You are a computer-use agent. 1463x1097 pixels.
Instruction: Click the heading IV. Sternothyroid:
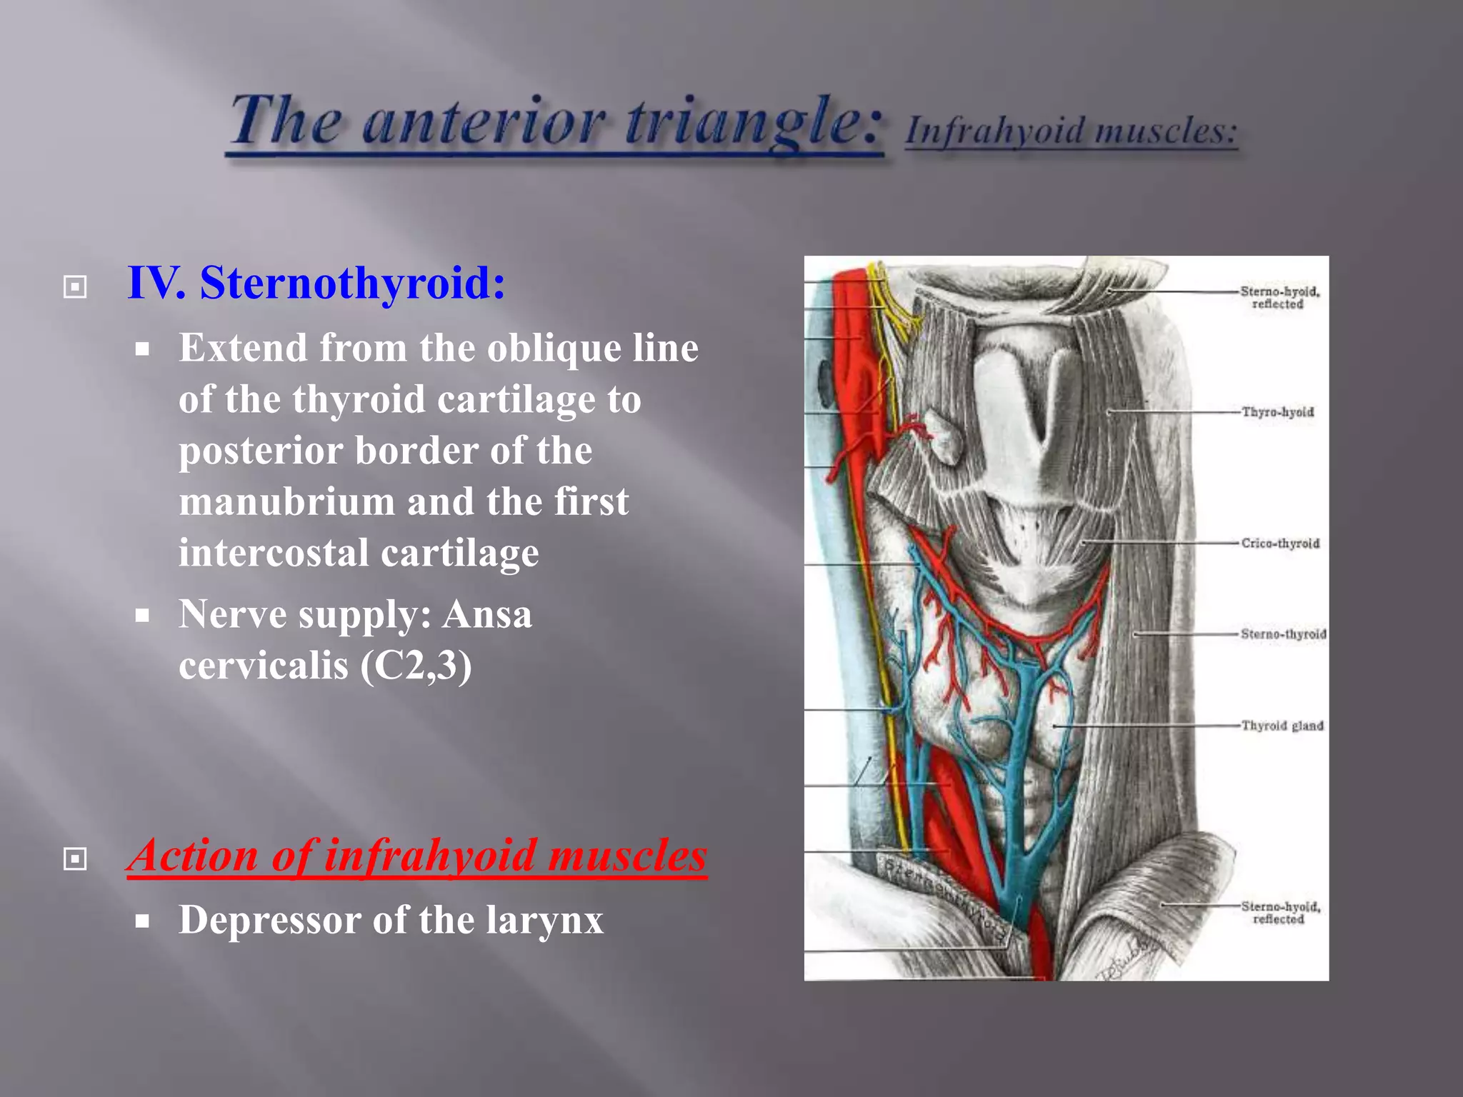316,283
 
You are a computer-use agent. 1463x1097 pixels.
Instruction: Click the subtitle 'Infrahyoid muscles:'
1071,131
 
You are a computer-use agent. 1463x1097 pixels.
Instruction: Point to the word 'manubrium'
286,501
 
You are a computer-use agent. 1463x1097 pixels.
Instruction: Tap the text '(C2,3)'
416,666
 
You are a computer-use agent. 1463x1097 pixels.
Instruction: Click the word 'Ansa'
487,614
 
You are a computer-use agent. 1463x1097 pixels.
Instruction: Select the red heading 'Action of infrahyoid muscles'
416,856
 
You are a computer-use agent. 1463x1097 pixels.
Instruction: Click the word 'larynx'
544,920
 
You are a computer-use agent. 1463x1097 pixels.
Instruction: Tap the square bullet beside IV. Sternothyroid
75,287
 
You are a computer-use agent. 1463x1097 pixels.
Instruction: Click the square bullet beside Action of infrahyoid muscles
75,858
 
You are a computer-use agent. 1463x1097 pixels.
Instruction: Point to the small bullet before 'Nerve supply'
143,615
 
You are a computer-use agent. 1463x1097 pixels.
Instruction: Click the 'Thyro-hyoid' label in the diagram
1277,412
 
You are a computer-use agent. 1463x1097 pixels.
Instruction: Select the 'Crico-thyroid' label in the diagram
1280,544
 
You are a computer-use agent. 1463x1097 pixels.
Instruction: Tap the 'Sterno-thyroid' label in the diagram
1283,634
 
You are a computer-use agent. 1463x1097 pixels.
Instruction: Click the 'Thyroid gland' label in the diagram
1282,726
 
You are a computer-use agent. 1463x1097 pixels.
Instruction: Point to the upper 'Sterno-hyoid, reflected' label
1279,297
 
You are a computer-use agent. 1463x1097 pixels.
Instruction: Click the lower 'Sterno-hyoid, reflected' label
1280,913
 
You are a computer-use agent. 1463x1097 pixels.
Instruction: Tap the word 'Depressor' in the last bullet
269,920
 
